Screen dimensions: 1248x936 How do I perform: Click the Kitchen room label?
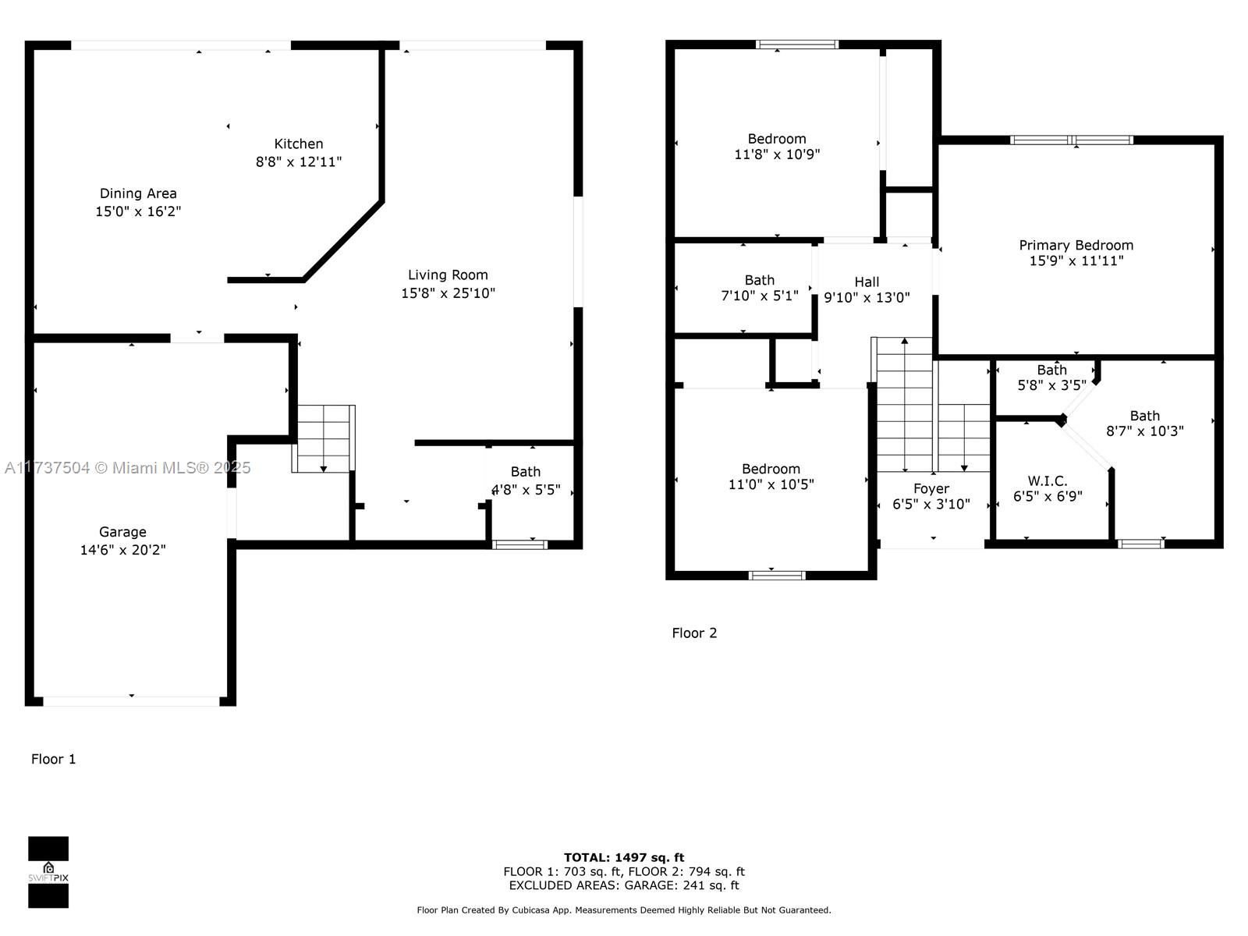click(299, 144)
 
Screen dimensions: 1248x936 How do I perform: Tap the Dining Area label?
click(138, 193)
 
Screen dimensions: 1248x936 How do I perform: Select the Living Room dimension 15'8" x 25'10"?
click(448, 293)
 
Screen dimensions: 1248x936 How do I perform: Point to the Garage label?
click(122, 532)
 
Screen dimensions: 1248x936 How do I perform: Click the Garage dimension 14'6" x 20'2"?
click(122, 550)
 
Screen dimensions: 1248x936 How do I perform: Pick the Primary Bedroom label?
click(1076, 246)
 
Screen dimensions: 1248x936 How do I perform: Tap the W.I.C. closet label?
click(1048, 480)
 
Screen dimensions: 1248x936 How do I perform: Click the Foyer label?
click(931, 489)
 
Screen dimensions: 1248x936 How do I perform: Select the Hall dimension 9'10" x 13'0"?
click(867, 297)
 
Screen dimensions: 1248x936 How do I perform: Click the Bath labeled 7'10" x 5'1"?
click(760, 280)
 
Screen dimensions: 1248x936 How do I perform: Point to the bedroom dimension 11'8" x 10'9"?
click(777, 154)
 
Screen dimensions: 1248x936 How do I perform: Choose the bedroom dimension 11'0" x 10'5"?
click(771, 484)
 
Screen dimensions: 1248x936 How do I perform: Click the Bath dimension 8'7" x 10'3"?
click(1144, 431)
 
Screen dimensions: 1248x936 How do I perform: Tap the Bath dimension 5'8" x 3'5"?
click(1052, 385)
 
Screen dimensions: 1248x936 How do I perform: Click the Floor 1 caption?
click(54, 759)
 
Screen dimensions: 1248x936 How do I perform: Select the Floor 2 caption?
click(694, 633)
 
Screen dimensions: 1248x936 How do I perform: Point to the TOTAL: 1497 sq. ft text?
click(624, 857)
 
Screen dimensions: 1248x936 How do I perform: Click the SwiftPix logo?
click(48, 872)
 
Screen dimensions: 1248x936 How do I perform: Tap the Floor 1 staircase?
click(324, 438)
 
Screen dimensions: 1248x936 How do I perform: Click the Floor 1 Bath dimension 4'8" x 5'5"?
click(526, 490)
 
